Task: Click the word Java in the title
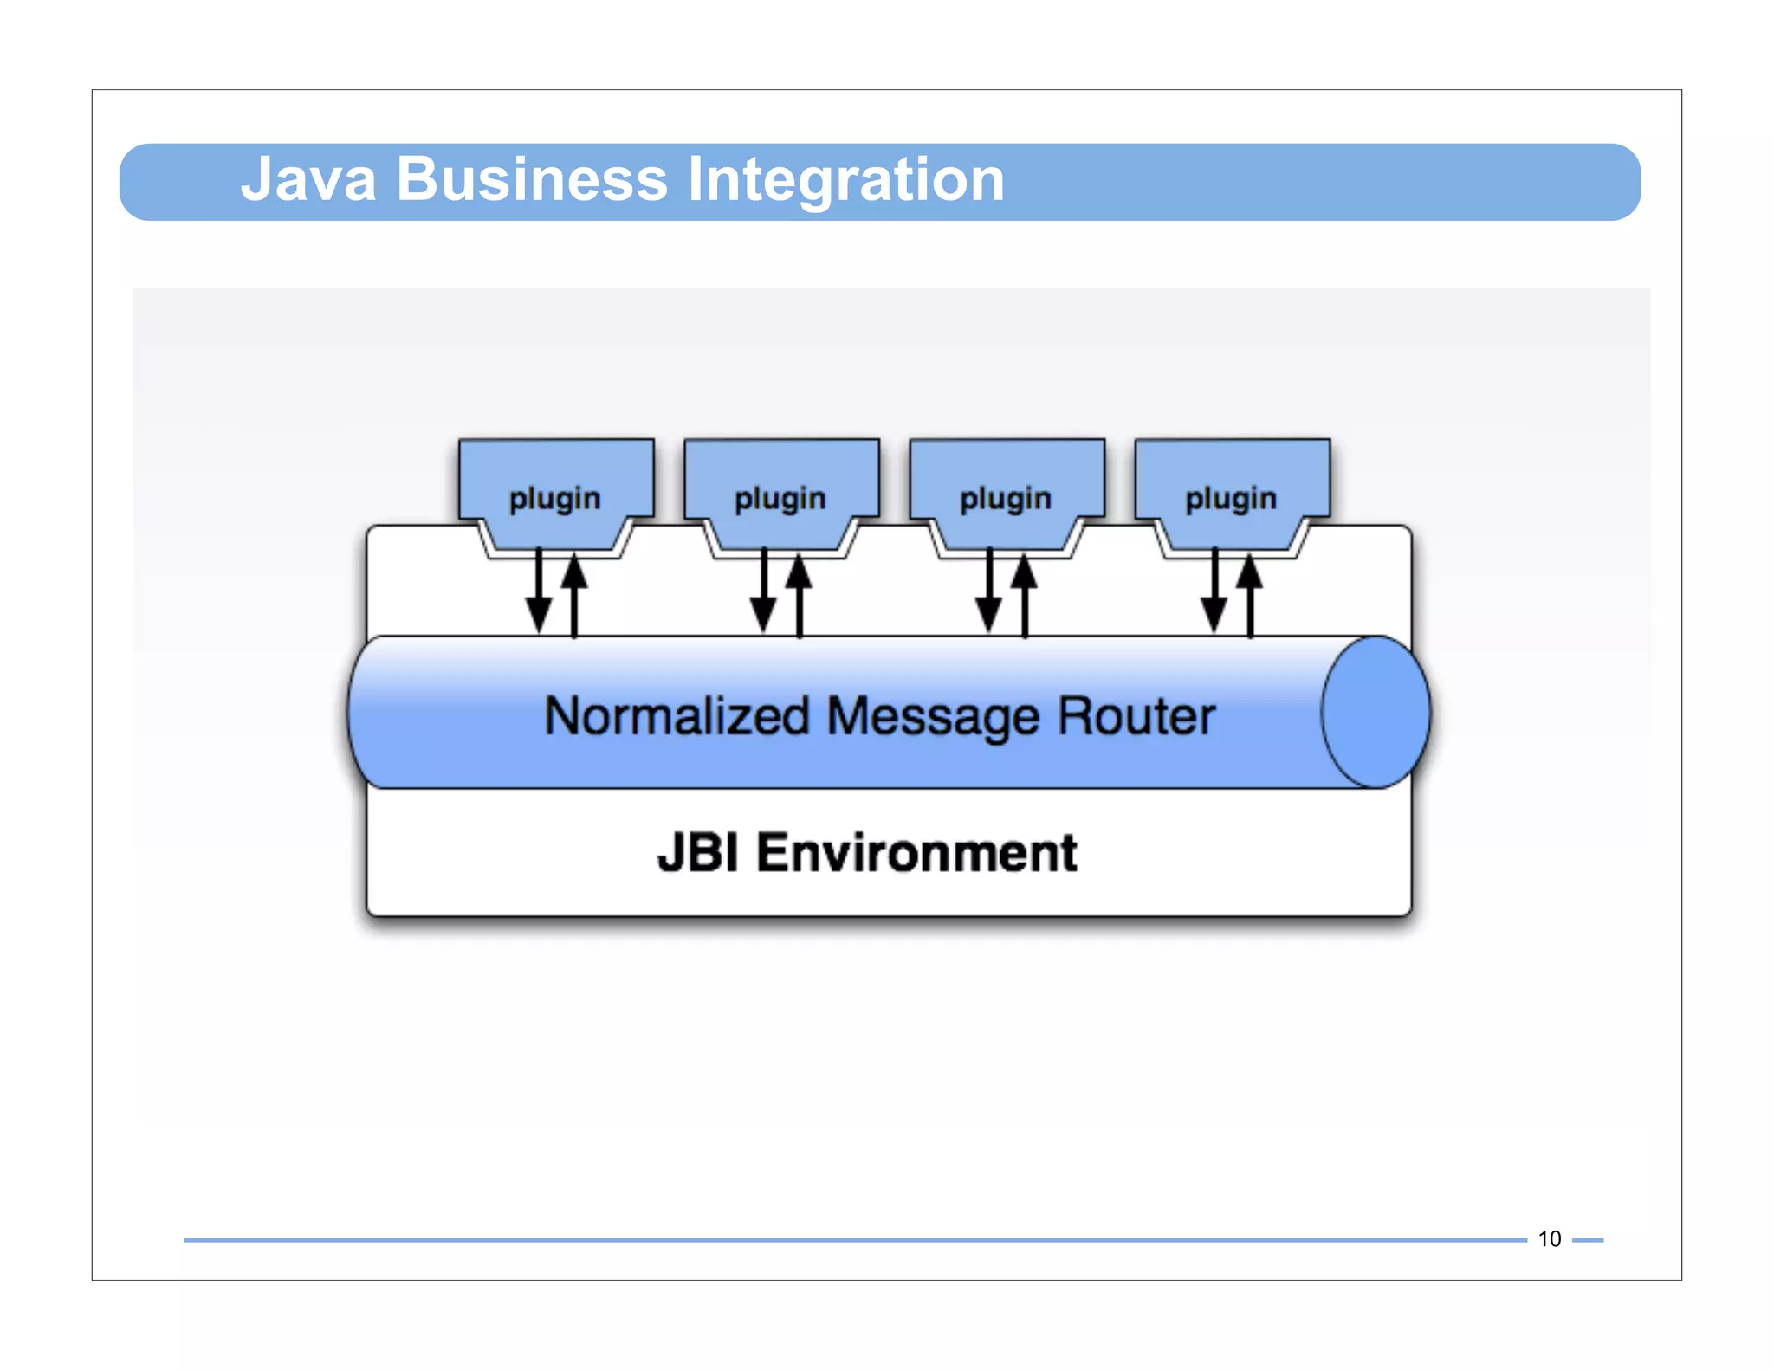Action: pyautogui.click(x=308, y=179)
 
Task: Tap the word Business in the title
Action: pyautogui.click(x=532, y=179)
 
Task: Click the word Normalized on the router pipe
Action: pyautogui.click(x=677, y=716)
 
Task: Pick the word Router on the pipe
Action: pyautogui.click(x=1136, y=716)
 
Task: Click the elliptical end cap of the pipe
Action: pyautogui.click(x=1376, y=712)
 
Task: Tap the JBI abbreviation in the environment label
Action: pyautogui.click(x=698, y=852)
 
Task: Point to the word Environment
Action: pyautogui.click(x=916, y=852)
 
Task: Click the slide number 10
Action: pyautogui.click(x=1549, y=1238)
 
